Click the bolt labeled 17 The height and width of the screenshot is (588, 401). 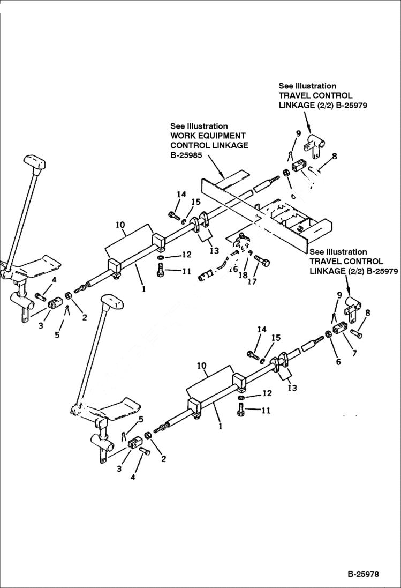[263, 261]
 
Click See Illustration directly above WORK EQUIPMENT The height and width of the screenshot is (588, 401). [199, 126]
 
